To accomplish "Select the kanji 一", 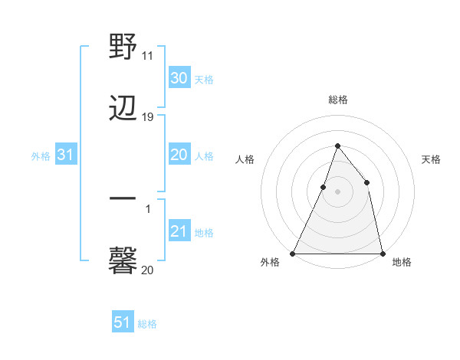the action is pos(123,198).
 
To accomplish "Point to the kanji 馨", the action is pos(123,260).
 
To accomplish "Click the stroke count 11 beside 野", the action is pos(148,55).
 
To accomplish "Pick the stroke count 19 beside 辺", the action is pos(148,117).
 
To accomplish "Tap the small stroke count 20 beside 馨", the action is pos(148,270).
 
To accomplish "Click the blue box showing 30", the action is pos(179,78).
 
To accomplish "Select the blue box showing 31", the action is pos(66,155).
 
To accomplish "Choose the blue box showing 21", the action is pos(179,231).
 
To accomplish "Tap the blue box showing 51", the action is pos(122,322).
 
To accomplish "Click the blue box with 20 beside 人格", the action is pos(179,155).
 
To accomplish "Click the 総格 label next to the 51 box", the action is pos(147,324).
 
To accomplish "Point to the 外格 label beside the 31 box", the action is pos(41,156).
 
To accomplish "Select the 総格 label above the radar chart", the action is pos(337,100).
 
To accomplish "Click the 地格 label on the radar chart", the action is pos(402,263).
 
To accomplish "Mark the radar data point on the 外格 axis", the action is pos(293,253).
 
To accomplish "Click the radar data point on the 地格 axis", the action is pos(382,253).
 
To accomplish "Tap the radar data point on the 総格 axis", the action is pos(337,146).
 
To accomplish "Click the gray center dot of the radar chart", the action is pos(337,191).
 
